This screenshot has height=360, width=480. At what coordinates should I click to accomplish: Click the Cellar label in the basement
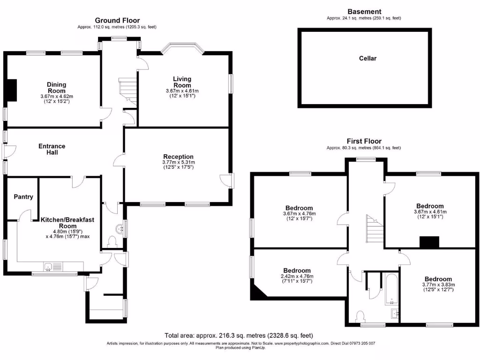(367, 59)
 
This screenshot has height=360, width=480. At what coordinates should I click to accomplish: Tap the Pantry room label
(23, 197)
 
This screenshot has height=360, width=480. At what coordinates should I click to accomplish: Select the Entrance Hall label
(52, 149)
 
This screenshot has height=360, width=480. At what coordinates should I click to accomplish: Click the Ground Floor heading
(117, 20)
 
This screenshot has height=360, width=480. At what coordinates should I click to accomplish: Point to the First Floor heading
(364, 141)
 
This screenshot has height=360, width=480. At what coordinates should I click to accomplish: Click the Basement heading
(364, 12)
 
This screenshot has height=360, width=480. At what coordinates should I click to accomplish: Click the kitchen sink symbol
(48, 267)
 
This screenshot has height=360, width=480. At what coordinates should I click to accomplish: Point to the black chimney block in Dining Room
(11, 90)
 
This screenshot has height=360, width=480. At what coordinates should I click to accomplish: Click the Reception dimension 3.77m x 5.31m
(178, 162)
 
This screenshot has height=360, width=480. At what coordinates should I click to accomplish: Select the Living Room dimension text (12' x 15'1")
(182, 96)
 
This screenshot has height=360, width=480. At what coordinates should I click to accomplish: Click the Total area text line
(239, 336)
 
